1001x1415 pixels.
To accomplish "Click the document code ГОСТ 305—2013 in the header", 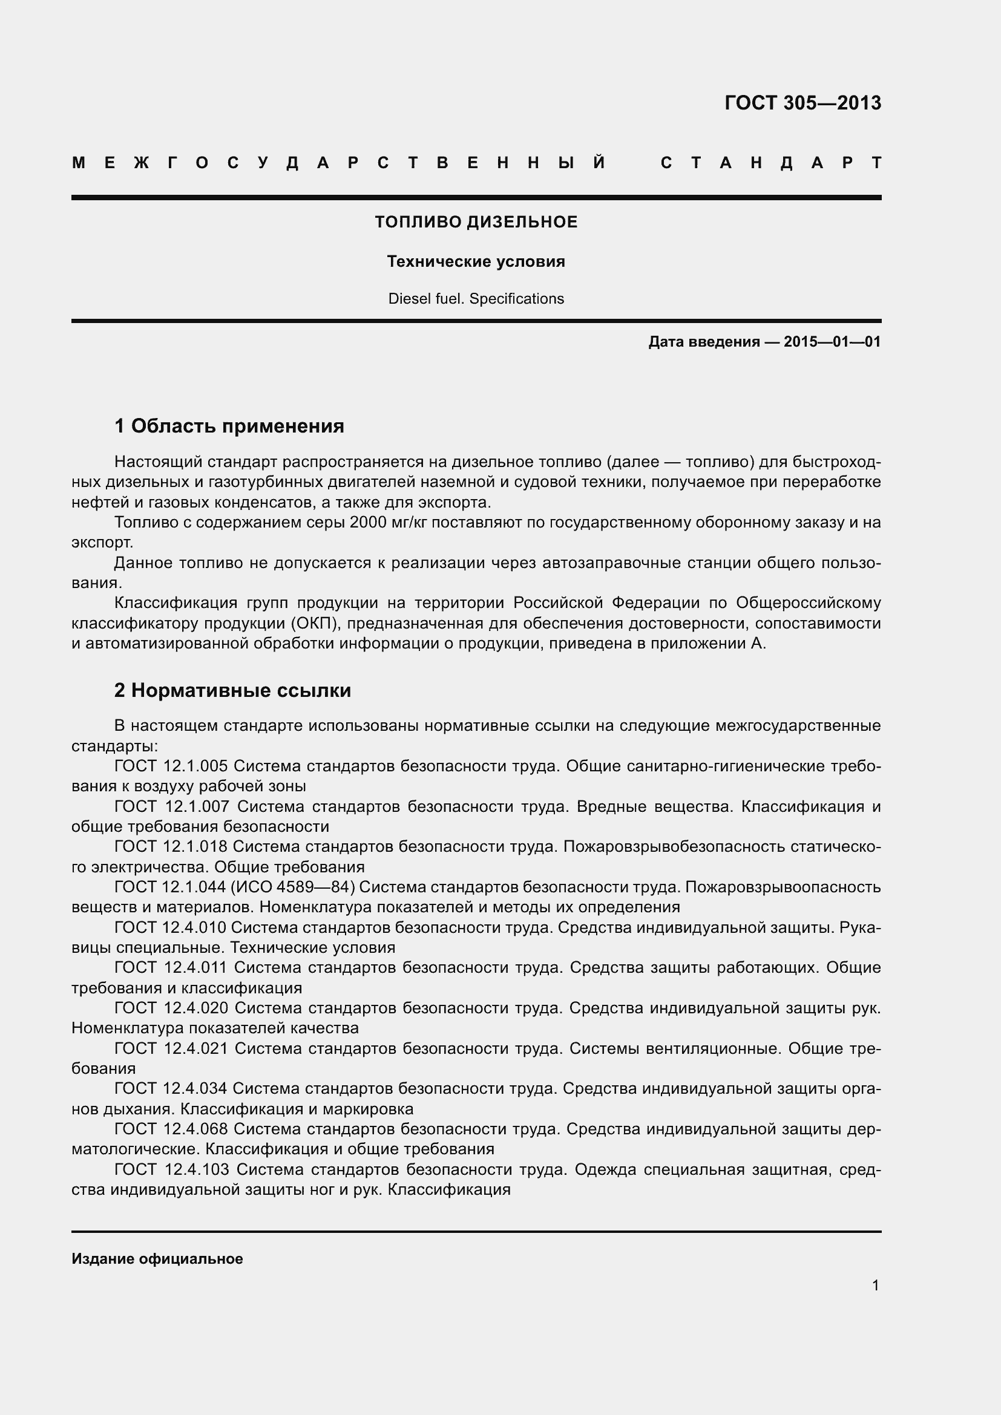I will click(802, 103).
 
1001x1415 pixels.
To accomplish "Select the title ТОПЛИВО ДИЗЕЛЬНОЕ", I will click(476, 223).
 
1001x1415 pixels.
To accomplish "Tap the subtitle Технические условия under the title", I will click(476, 262).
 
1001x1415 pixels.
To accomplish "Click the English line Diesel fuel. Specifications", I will click(476, 299).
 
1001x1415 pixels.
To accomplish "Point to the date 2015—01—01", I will click(832, 342).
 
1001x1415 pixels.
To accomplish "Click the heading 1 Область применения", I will click(229, 426).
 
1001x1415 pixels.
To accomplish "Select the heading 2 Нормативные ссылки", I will click(232, 690).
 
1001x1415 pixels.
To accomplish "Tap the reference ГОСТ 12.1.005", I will click(171, 766).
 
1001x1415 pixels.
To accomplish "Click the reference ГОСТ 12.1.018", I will click(171, 847).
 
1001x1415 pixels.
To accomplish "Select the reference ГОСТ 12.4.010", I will click(171, 927).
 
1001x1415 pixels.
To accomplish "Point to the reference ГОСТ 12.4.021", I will click(171, 1048).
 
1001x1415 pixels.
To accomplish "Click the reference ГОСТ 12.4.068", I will click(171, 1129).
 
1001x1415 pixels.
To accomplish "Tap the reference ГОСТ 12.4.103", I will click(172, 1169).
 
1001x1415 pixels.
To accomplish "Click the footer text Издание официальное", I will click(157, 1259).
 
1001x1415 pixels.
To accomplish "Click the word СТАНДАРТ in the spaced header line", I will click(771, 163).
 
